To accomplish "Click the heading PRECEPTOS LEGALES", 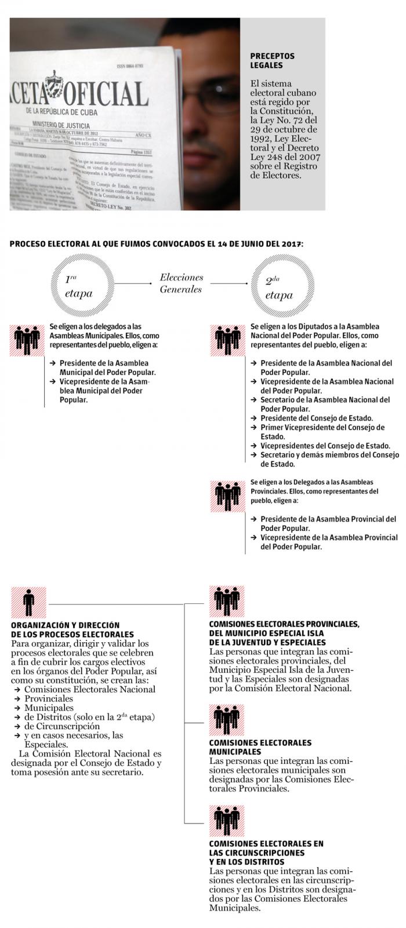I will [x=272, y=60].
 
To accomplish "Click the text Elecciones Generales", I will [x=182, y=283].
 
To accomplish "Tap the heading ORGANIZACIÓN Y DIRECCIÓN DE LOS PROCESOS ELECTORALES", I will [x=72, y=629].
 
